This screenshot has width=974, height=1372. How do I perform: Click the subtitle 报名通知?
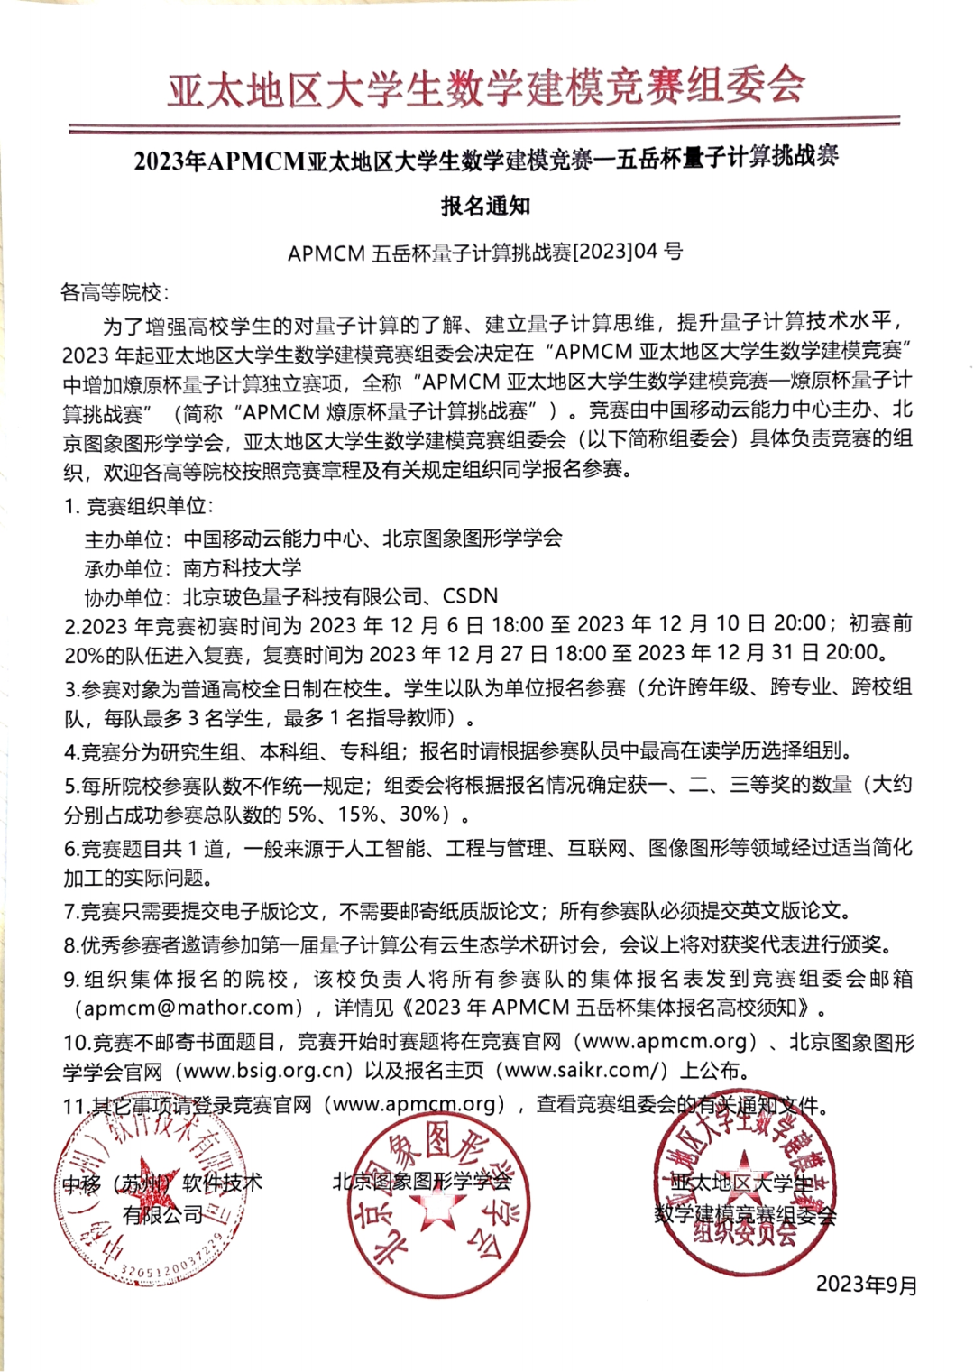click(485, 207)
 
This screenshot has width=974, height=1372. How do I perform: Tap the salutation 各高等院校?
click(114, 292)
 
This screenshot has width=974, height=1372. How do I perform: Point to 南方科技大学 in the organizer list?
click(242, 567)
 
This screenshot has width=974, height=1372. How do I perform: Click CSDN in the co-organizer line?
click(470, 596)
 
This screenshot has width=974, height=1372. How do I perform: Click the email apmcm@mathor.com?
click(188, 1008)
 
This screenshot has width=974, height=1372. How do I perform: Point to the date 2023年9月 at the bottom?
click(866, 1285)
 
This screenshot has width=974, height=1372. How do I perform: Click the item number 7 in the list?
click(70, 912)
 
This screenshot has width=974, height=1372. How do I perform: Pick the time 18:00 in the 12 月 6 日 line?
click(517, 624)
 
